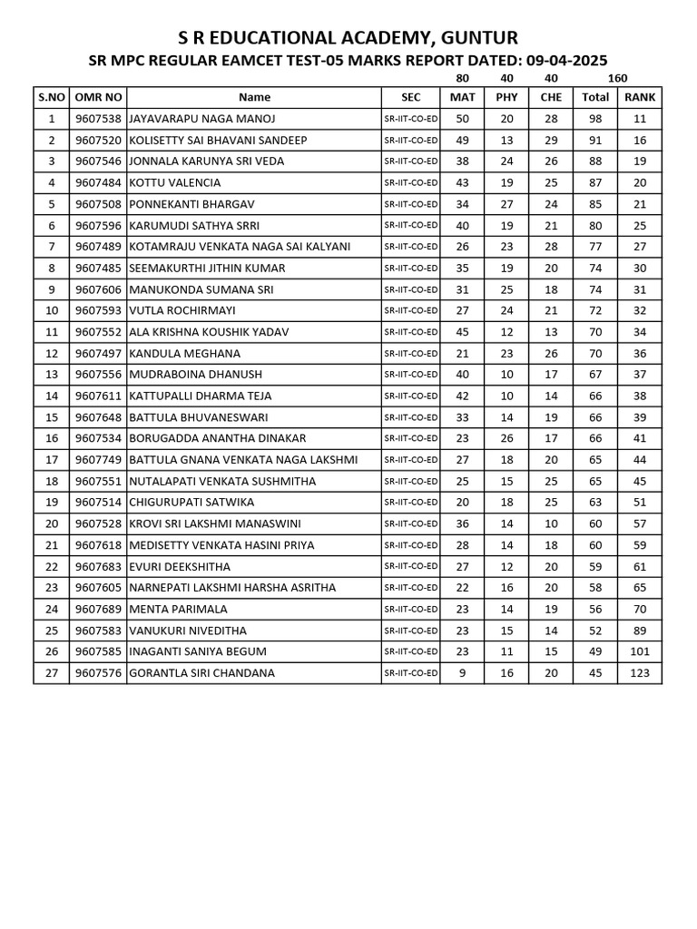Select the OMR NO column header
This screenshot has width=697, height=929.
tap(98, 97)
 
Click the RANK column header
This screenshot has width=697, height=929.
tap(640, 97)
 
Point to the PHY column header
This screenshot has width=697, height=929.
tap(506, 97)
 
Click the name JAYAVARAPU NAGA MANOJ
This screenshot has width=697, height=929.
tap(201, 119)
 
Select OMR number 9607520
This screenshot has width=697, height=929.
tap(98, 140)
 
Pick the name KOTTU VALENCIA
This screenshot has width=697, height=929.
tap(175, 182)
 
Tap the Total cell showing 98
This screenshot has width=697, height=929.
tap(594, 119)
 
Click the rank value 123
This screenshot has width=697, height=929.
tap(640, 673)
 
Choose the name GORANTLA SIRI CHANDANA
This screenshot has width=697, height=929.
tap(202, 673)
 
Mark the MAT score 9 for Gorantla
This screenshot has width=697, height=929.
tap(463, 673)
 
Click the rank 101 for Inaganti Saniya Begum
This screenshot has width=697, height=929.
tap(640, 651)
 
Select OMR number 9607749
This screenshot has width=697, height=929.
tap(98, 460)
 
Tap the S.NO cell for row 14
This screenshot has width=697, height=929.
tap(52, 396)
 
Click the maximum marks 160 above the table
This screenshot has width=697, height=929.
tap(617, 79)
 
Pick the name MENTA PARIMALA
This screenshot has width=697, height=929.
tap(179, 609)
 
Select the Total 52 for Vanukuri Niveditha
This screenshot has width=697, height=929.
tap(594, 631)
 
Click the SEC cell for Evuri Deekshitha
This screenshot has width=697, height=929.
tap(411, 566)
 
